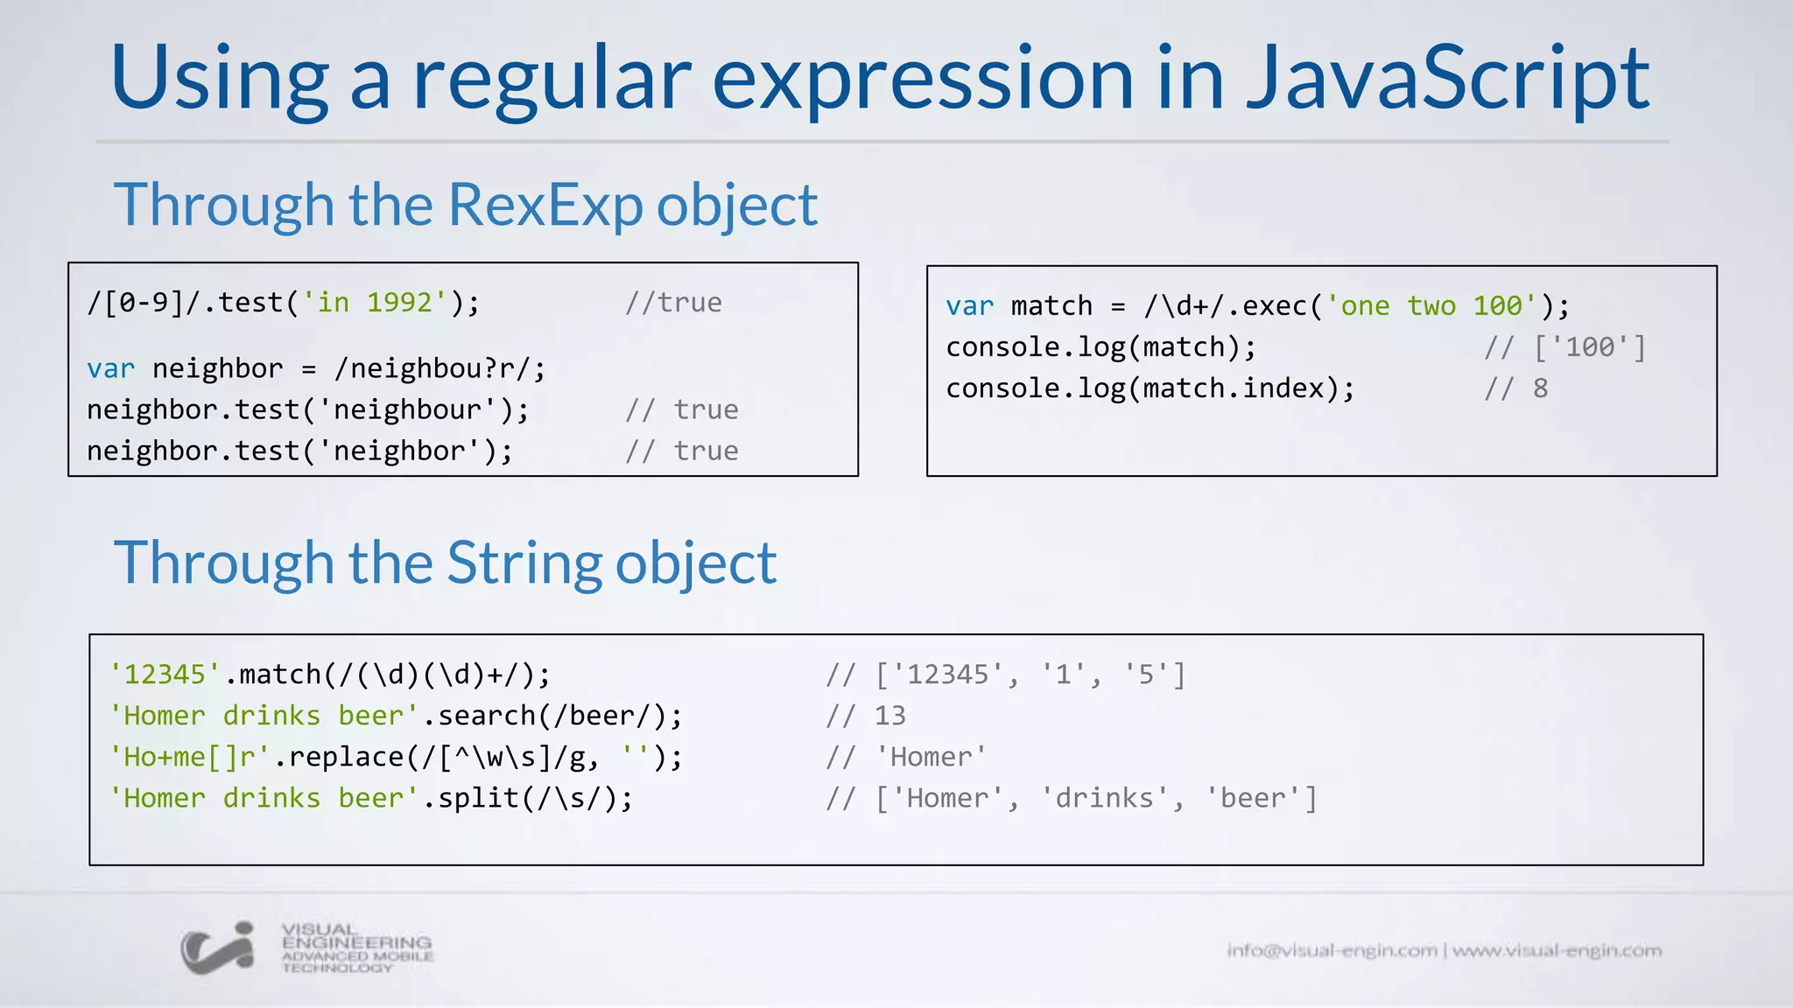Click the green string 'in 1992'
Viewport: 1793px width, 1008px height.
pyautogui.click(x=375, y=303)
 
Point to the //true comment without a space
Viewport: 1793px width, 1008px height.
pyautogui.click(x=673, y=303)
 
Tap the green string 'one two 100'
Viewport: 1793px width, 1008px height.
pyautogui.click(x=1431, y=305)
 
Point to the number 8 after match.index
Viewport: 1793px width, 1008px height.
pyautogui.click(x=1541, y=388)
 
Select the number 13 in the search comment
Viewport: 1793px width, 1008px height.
pyautogui.click(x=890, y=716)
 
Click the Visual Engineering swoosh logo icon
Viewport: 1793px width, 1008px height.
pyautogui.click(x=218, y=948)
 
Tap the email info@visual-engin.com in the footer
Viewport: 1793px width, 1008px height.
pyautogui.click(x=1332, y=950)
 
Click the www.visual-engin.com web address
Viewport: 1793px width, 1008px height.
pyautogui.click(x=1557, y=950)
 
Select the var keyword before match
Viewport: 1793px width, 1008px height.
pyautogui.click(x=969, y=306)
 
